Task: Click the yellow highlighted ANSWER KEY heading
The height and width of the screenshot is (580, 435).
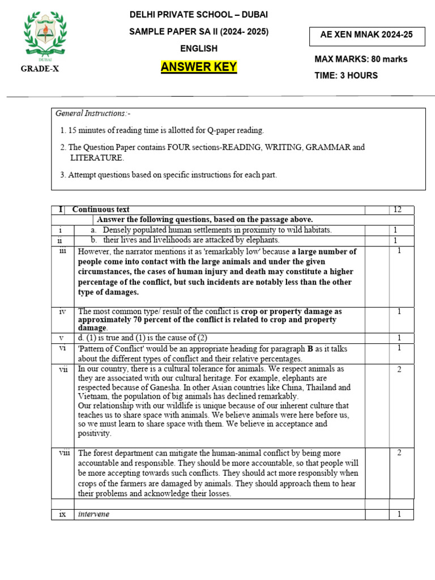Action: coord(199,68)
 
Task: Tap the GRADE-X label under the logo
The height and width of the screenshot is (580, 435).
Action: coord(40,69)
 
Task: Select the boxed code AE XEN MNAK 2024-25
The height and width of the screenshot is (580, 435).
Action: coord(366,35)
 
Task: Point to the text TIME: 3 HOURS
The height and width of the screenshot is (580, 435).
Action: coord(346,75)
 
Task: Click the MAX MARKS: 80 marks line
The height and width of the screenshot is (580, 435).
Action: coord(361,59)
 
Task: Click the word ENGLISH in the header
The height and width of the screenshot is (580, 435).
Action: coord(199,49)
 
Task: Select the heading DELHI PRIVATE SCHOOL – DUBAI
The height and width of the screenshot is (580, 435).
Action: coord(199,15)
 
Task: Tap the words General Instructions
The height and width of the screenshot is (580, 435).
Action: coord(93,114)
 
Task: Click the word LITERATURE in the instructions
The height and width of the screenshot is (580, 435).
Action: coord(97,157)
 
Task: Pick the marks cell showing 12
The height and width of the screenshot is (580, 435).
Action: coord(397,210)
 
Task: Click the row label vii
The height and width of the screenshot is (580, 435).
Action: coord(63,369)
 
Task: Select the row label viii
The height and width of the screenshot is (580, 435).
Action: coord(63,453)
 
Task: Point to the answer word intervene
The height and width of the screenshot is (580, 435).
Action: coord(94,514)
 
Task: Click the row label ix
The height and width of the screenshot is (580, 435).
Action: coord(63,514)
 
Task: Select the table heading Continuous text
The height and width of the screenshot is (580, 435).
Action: coord(101,210)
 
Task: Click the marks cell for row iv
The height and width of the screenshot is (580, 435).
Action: coord(399,312)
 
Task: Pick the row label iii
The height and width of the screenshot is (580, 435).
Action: coord(63,251)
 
